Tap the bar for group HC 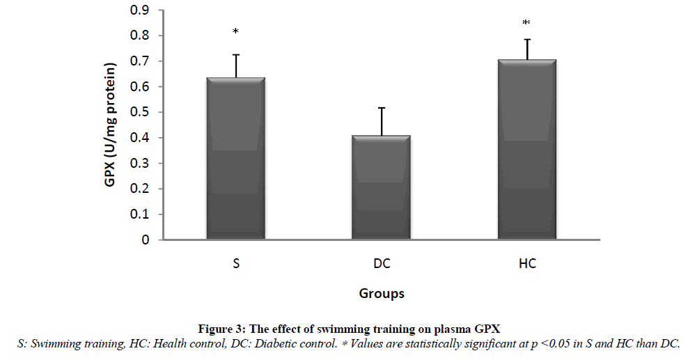tap(526, 150)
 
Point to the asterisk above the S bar tap(236, 31)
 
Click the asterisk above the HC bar tap(526, 24)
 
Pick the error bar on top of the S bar tap(236, 66)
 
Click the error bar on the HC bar tap(526, 49)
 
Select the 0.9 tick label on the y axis tap(141, 10)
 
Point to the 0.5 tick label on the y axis tap(141, 112)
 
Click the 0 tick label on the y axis tap(146, 240)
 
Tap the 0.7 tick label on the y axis tap(141, 61)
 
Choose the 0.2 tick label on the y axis tap(141, 189)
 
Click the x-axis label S tap(236, 265)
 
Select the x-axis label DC tap(381, 265)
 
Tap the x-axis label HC tap(526, 265)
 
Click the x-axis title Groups tap(382, 293)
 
